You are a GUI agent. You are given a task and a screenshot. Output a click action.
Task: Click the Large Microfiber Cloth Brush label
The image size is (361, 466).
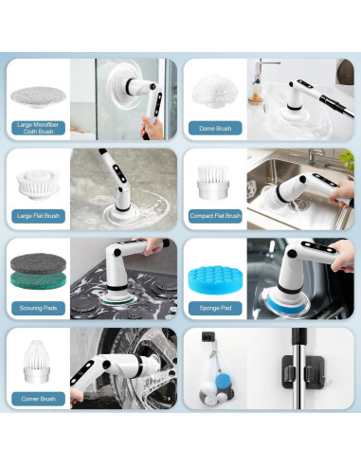pos(38,128)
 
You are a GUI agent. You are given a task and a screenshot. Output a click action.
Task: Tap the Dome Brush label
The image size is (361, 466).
pos(215,128)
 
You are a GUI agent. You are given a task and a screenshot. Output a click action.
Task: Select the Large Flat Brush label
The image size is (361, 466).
pos(38,216)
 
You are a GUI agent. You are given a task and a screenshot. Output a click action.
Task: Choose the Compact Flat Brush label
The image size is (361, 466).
pos(215,216)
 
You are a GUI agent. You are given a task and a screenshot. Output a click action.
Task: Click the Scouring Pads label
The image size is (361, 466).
pos(38,308)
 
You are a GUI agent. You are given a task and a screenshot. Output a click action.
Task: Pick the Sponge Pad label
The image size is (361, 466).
pos(215,308)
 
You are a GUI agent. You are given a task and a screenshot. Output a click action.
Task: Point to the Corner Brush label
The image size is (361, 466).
pos(38,399)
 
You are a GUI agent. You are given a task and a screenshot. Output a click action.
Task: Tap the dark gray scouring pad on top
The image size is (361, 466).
pos(38,263)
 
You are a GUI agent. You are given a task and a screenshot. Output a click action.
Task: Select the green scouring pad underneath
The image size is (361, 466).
pos(38,281)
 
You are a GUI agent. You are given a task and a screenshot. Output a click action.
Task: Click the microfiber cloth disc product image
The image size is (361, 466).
pos(38,97)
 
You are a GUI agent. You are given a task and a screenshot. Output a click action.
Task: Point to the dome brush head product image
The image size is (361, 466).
pos(215,92)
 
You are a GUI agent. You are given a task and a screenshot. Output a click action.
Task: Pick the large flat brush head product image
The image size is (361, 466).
pos(38,185)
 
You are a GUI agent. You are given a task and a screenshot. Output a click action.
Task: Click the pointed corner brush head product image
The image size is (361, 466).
pos(37,362)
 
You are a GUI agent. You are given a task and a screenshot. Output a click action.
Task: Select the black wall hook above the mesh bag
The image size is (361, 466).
pos(208,337)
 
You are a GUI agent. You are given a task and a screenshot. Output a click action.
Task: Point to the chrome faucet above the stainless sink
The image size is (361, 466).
pos(316,155)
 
